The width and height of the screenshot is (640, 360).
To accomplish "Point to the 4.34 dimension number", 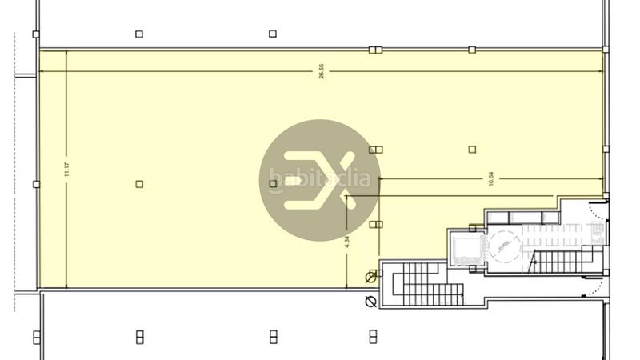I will pos(347,240).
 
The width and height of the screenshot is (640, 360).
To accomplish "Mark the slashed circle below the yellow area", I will pos(370,302).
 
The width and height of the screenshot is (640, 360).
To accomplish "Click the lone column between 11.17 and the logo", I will pos(139,184).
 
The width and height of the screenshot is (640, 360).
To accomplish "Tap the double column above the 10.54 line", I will pos(376,150).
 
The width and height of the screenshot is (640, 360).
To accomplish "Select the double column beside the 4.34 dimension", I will pos(376,225).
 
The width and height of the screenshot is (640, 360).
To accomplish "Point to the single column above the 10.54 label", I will pos(472,150).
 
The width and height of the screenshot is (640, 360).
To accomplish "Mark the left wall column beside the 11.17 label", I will pos(36,184).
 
